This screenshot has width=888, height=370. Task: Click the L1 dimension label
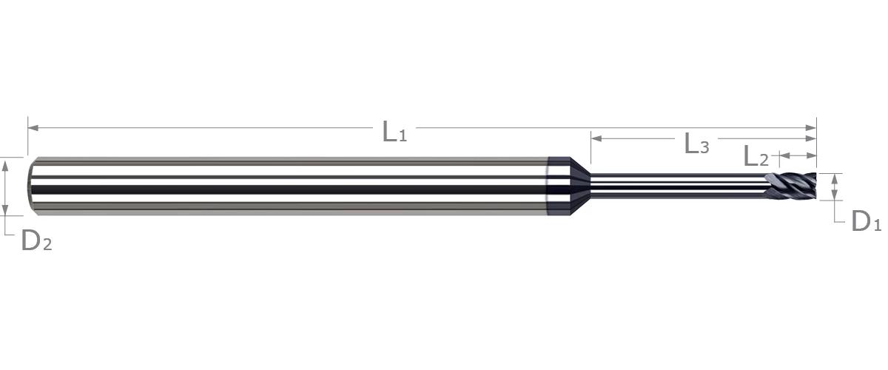394,132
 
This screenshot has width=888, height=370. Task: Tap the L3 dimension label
696,144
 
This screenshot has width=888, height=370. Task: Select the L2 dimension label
756,156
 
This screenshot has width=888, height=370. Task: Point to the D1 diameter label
867,221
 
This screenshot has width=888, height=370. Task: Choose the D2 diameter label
36,240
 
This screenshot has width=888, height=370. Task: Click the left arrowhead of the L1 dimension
33,128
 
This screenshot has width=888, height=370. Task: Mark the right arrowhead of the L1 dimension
811,128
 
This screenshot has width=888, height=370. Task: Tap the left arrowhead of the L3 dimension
596,138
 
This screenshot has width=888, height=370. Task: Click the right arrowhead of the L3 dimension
811,138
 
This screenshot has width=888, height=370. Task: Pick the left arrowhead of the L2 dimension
784,155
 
